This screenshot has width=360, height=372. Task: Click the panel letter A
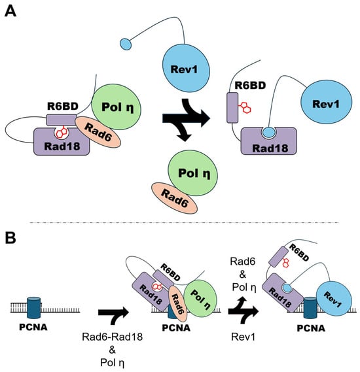tap(10, 11)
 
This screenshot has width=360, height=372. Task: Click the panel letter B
tap(10, 238)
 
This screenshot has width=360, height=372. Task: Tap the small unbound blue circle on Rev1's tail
tap(126, 44)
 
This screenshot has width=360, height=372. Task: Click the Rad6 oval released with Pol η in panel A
tap(174, 198)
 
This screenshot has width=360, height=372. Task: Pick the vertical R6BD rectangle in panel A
tap(232, 108)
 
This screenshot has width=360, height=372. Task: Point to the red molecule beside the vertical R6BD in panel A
tap(245, 107)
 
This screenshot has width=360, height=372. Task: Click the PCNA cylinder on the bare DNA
tap(34, 307)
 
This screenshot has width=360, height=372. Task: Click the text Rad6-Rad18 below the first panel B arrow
tap(113, 337)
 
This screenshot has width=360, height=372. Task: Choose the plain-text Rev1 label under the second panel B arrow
tap(243, 337)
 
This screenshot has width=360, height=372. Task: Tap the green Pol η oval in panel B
tap(200, 298)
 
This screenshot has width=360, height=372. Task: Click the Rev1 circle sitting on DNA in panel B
tap(334, 298)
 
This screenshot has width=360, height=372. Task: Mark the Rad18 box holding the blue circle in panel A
tap(269, 141)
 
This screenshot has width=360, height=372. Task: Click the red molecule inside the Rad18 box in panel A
tap(62, 133)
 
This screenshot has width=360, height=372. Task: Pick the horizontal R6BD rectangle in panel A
tap(62, 120)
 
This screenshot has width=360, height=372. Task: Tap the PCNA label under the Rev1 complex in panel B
tap(311, 328)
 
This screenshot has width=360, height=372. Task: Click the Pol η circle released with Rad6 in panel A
tap(193, 173)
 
